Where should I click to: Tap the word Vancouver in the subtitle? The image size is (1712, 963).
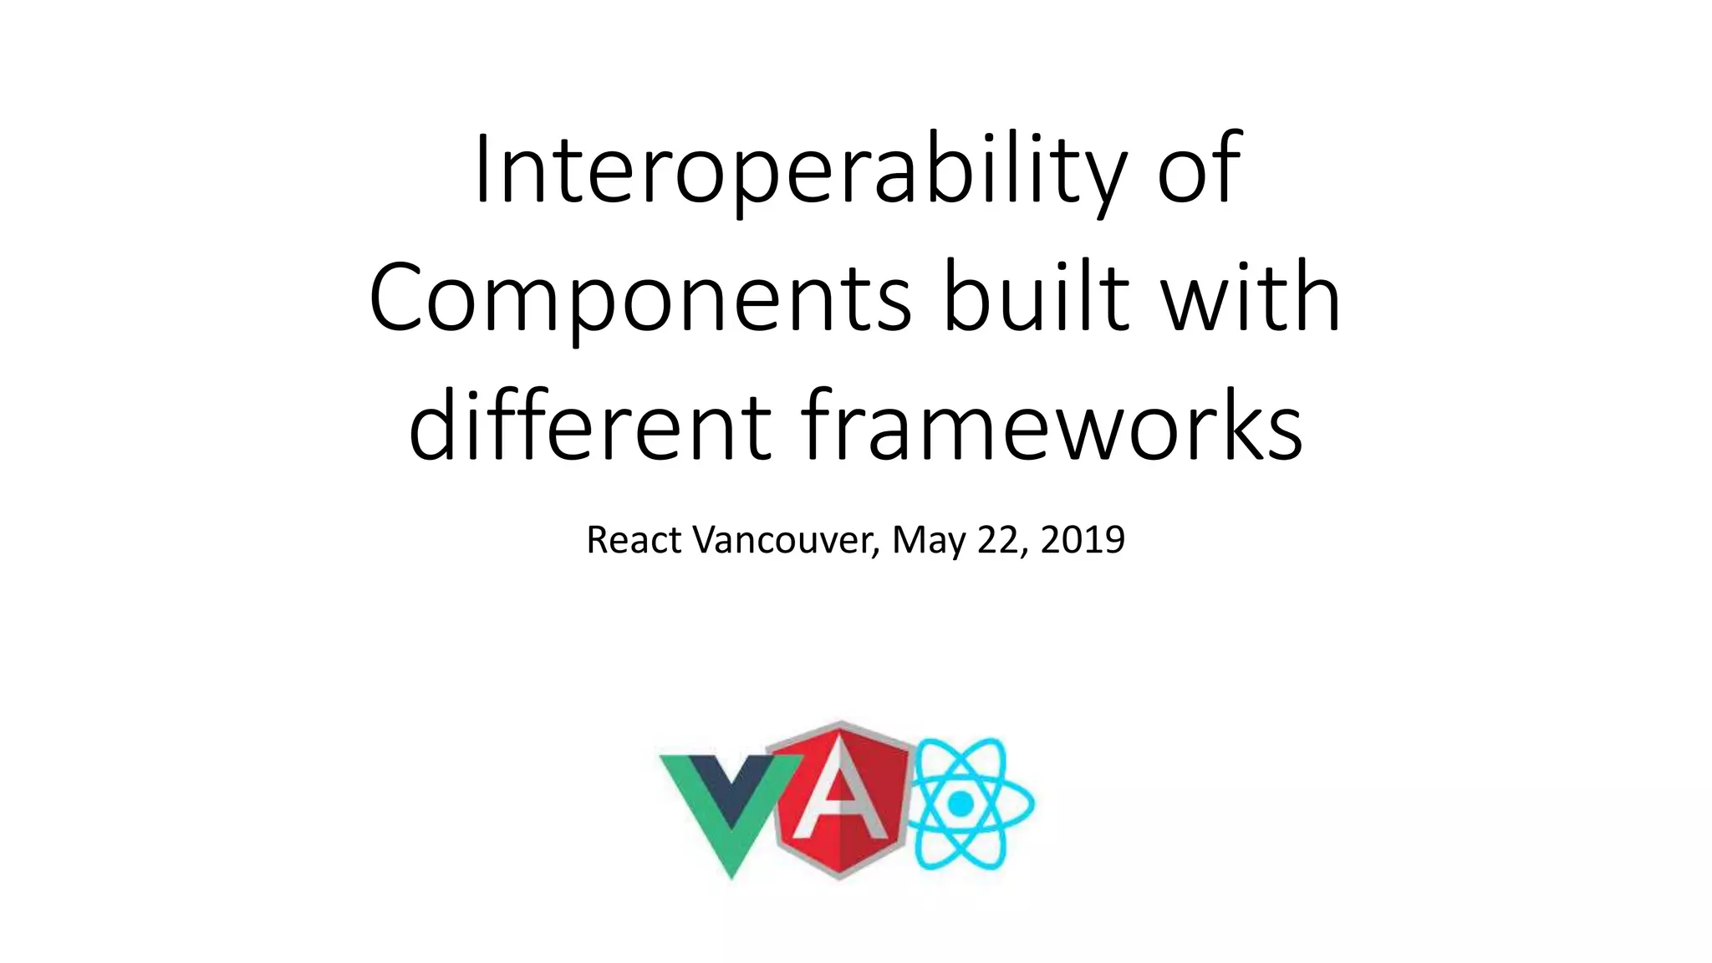787,540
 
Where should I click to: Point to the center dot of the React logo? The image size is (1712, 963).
961,803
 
